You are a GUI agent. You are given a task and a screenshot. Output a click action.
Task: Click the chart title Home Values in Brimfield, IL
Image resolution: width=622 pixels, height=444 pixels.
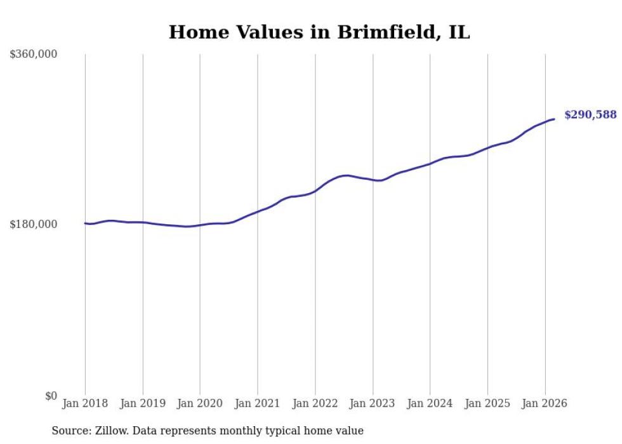click(319, 32)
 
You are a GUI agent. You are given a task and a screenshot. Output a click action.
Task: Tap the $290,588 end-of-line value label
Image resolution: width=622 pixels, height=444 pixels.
click(590, 115)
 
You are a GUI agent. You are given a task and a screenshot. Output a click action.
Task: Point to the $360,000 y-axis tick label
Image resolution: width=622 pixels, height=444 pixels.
click(34, 55)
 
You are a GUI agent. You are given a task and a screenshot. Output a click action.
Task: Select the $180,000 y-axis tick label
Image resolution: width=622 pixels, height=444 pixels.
click(34, 224)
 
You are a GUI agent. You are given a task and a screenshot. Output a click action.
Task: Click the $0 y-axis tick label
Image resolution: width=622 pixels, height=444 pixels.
click(51, 396)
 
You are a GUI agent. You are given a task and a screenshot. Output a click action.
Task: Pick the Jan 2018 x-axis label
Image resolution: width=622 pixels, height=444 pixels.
click(85, 403)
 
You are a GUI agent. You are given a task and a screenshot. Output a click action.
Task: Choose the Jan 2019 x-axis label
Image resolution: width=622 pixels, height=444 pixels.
click(143, 403)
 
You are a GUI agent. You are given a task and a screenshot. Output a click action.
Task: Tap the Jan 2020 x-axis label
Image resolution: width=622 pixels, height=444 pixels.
click(200, 403)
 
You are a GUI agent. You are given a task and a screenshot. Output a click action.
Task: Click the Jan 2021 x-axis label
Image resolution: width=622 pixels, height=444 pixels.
click(258, 403)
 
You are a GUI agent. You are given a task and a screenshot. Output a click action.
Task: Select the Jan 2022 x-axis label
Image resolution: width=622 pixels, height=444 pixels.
click(315, 403)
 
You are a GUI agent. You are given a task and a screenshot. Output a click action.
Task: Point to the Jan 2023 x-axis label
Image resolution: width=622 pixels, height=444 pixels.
click(373, 403)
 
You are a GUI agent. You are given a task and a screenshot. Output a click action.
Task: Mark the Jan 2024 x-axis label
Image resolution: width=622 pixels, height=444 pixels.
click(430, 403)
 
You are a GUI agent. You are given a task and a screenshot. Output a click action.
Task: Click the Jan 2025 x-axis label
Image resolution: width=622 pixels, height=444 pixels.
click(487, 403)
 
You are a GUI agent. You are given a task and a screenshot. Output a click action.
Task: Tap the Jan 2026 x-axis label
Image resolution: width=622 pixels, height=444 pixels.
click(545, 403)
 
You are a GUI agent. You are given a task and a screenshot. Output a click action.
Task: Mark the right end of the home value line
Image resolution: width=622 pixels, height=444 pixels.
click(554, 119)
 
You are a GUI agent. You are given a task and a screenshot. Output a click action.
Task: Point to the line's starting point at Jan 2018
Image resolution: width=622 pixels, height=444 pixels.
click(85, 223)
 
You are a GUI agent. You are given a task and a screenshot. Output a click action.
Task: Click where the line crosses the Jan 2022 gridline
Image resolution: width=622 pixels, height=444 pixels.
click(315, 191)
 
